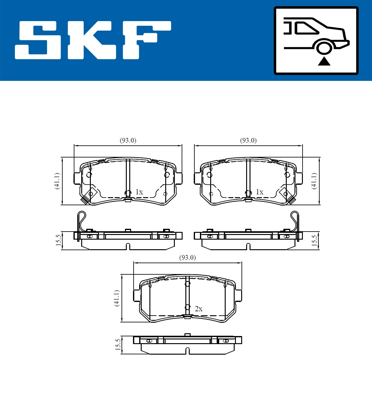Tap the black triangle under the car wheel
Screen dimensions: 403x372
click(324, 61)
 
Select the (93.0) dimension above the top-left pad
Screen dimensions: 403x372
click(128, 140)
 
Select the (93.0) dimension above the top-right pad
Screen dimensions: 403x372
click(248, 140)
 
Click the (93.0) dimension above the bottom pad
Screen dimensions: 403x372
click(188, 258)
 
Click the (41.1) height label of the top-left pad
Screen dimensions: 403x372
click(57, 181)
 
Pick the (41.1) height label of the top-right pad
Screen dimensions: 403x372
click(314, 181)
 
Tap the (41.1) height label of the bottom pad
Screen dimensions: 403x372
click(117, 298)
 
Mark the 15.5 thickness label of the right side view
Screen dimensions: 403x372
click(314, 240)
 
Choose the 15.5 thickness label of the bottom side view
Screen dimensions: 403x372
click(118, 344)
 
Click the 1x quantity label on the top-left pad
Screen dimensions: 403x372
click(139, 192)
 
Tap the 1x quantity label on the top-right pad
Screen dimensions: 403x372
click(259, 192)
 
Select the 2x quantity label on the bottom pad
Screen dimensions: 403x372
click(199, 309)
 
